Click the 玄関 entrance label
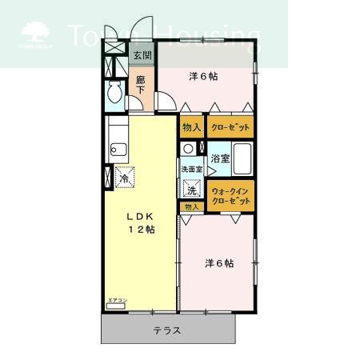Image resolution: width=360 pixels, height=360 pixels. [x=142, y=56]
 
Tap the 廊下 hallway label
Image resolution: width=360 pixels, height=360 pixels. [x=141, y=85]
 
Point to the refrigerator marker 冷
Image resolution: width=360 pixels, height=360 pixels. [x=124, y=178]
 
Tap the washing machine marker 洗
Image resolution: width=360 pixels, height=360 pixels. [x=191, y=190]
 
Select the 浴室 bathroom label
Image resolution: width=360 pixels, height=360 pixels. [x=220, y=158]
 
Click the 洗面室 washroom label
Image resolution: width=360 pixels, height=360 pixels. [x=191, y=170]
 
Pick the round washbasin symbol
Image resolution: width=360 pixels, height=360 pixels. [x=188, y=149]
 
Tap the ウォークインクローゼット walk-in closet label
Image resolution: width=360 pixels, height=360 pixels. [x=231, y=195]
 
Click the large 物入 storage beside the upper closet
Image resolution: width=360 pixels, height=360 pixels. [x=191, y=127]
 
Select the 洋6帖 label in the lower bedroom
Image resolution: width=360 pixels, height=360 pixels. [x=218, y=263]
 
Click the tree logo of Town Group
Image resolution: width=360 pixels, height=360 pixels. [x=34, y=33]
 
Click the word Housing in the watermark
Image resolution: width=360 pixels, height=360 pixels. [x=207, y=34]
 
